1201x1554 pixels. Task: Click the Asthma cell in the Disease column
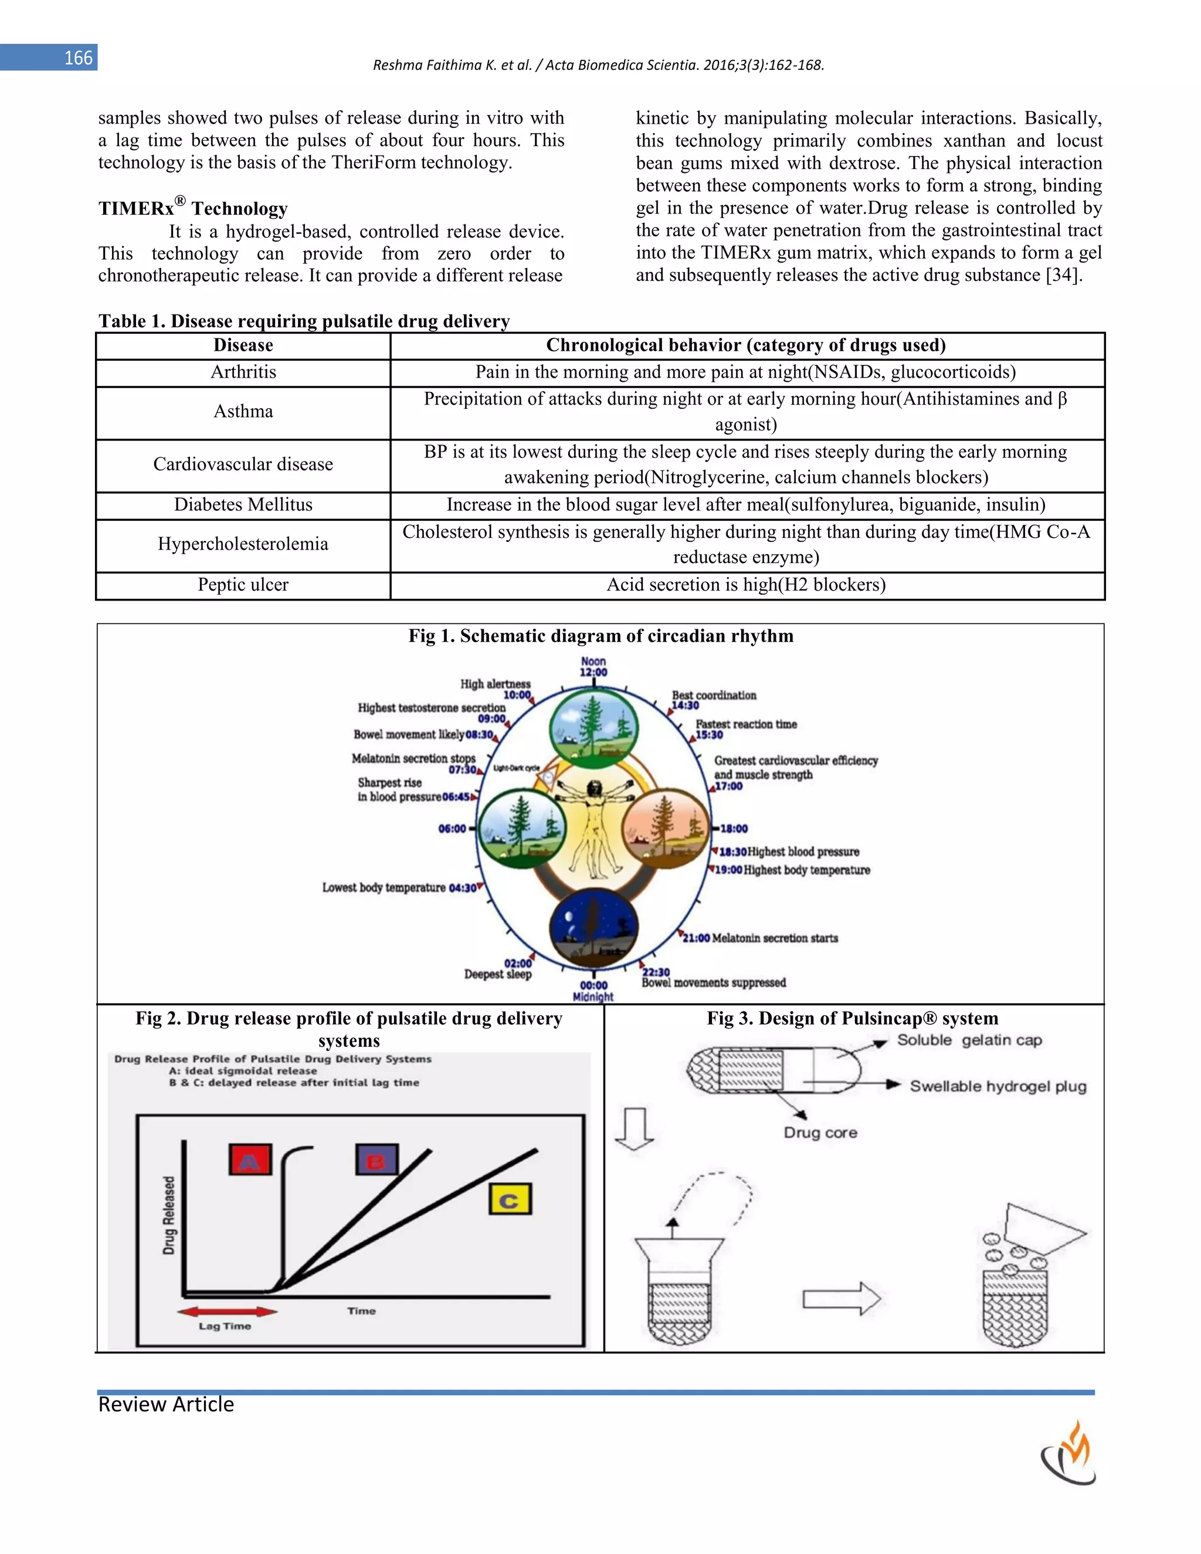(243, 411)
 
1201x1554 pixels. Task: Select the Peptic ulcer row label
(243, 585)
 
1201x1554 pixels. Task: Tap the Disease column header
(243, 345)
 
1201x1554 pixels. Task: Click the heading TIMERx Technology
(193, 208)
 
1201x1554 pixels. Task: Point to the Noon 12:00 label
(593, 667)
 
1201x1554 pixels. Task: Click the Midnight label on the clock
(593, 996)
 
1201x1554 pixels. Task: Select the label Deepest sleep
(497, 974)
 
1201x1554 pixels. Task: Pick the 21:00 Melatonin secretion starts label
(760, 938)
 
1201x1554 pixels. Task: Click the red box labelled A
(250, 1159)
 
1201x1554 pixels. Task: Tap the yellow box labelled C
(510, 1200)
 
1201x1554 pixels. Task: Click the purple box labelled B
(376, 1159)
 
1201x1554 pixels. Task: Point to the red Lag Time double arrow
(226, 1311)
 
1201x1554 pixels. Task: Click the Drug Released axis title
(169, 1214)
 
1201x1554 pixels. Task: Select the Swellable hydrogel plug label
(998, 1087)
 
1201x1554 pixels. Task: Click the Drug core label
(820, 1133)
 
